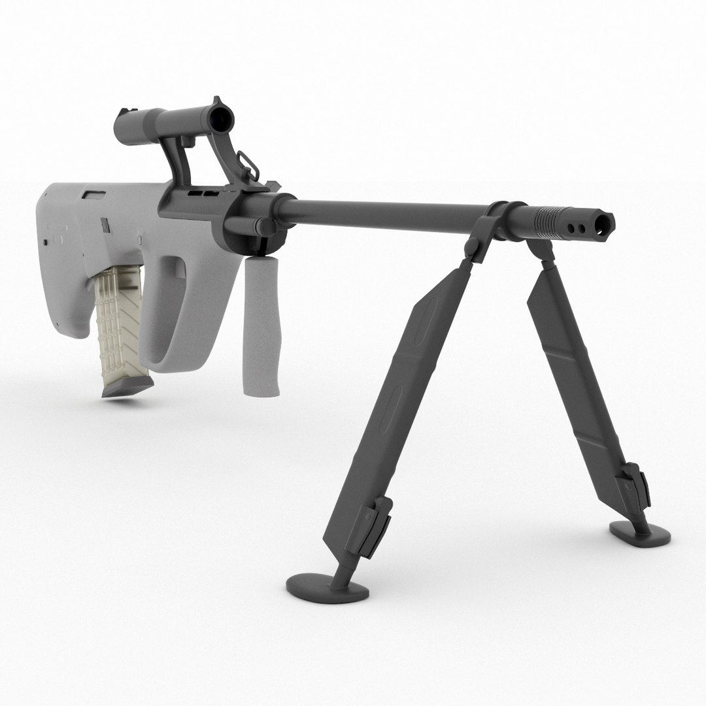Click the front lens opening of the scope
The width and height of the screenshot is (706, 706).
(x=220, y=116)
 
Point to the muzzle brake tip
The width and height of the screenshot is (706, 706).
(x=605, y=226)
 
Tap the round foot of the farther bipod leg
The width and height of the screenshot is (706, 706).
(x=641, y=533)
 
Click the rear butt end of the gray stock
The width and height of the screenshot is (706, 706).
(x=56, y=261)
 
